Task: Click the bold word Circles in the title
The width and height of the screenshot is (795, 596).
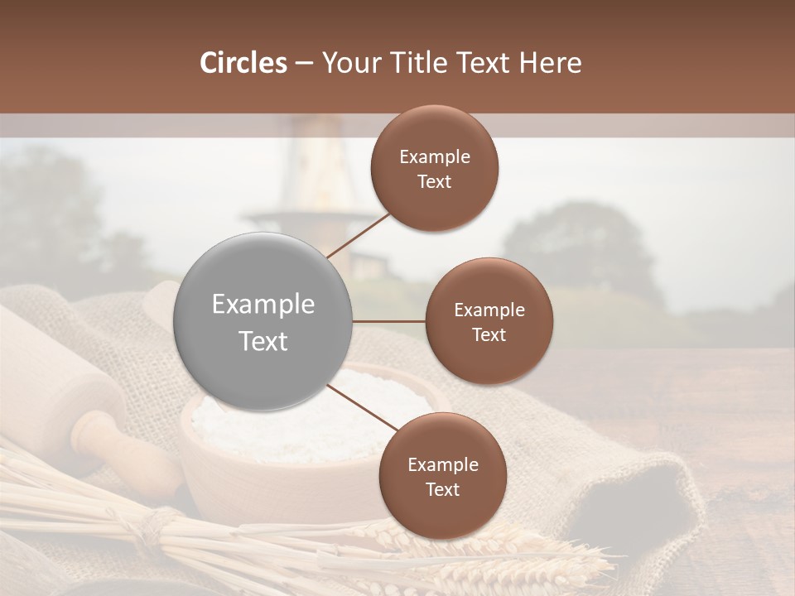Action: tap(243, 63)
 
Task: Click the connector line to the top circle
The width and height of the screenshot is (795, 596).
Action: tap(358, 235)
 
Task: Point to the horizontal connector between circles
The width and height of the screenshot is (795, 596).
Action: tap(389, 321)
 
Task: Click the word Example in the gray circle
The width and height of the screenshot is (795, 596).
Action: tap(263, 305)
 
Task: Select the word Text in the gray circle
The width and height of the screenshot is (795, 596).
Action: tap(263, 341)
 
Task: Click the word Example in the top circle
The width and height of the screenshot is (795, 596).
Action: tap(435, 157)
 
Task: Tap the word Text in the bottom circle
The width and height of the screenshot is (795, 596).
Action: tap(442, 489)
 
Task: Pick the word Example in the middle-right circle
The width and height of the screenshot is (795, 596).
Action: tap(489, 310)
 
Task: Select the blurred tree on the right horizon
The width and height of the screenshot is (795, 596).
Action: tap(580, 248)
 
